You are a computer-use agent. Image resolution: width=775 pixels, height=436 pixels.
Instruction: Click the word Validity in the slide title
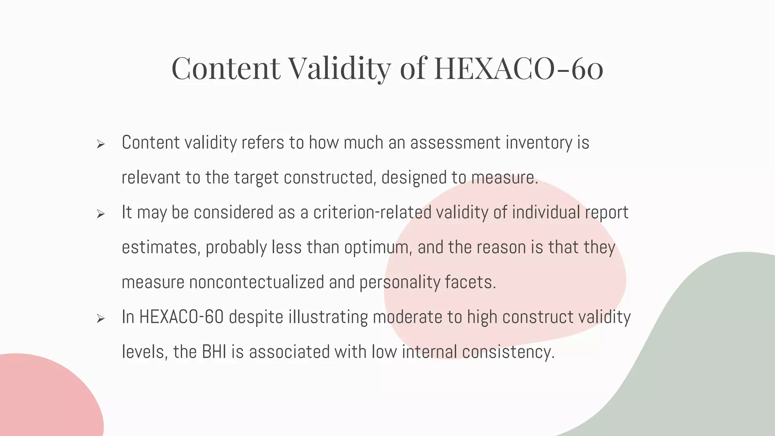click(x=339, y=68)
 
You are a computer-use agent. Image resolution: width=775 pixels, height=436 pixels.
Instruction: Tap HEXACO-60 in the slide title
click(x=518, y=68)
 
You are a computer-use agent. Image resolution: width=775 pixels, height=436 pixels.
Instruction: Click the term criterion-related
click(x=372, y=212)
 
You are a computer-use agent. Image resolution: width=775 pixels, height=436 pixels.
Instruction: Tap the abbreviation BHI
click(x=214, y=352)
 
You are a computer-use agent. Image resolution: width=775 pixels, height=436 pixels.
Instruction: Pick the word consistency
click(x=508, y=352)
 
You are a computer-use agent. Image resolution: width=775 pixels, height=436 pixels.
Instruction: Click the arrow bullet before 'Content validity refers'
click(x=100, y=144)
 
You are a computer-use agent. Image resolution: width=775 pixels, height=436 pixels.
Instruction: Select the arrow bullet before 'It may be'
click(x=100, y=214)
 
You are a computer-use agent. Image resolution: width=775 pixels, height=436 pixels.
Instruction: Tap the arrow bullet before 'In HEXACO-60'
click(x=100, y=319)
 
